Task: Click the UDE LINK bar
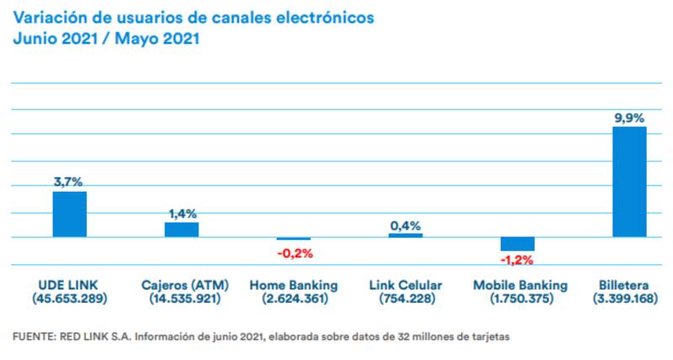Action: [x=70, y=214]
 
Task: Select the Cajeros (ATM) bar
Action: [x=182, y=230]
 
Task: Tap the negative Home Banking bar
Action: [x=294, y=239]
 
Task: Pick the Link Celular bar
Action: [x=405, y=236]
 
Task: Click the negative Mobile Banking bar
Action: [x=517, y=244]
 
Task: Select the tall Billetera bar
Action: [x=629, y=182]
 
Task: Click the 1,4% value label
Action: [x=182, y=214]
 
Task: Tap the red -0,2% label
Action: [x=294, y=252]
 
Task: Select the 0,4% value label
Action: [x=405, y=225]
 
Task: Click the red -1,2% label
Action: [x=517, y=258]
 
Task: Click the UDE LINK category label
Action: [x=68, y=285]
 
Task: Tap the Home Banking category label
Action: [x=294, y=285]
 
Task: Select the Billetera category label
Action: [x=629, y=285]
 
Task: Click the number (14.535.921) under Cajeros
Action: [x=182, y=299]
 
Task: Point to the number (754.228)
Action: [x=405, y=299]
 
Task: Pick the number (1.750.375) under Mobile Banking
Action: [x=517, y=299]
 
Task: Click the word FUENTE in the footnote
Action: [x=31, y=336]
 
